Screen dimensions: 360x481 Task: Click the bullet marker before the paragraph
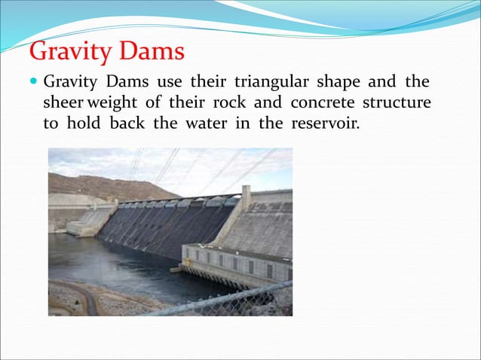[x=35, y=81]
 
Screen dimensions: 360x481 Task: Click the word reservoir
[x=323, y=123]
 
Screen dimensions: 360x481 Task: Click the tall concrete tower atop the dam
[x=245, y=197]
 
